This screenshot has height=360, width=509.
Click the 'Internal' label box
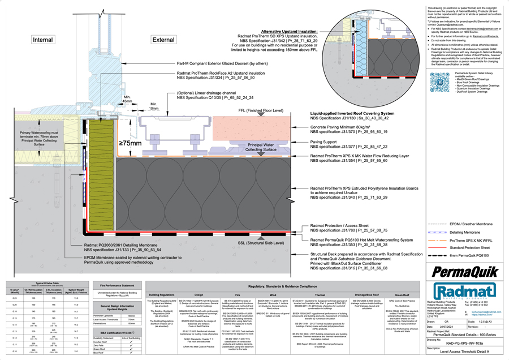pyautogui.click(x=42, y=40)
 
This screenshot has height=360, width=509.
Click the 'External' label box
pyautogui.click(x=163, y=40)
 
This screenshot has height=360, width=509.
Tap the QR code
pyautogui.click(x=440, y=83)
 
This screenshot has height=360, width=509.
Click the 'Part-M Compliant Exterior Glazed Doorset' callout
pyautogui.click(x=222, y=64)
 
